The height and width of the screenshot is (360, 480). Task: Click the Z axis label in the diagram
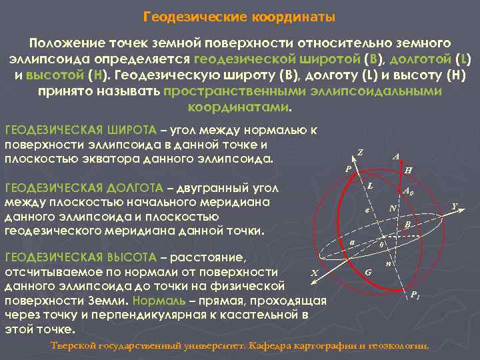[360, 151]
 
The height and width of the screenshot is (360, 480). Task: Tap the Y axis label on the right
[454, 207]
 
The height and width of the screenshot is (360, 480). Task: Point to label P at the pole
[347, 169]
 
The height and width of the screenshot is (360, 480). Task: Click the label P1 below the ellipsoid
[414, 295]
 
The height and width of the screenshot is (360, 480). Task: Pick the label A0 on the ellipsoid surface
[409, 191]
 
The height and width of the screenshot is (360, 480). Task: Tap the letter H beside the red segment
[408, 170]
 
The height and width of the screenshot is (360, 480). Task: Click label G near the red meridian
[369, 272]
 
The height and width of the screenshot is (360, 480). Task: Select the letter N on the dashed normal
[393, 209]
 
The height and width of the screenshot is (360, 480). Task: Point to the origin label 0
[381, 245]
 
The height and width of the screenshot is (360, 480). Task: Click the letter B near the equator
[407, 225]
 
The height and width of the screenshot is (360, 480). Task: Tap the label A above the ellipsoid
[396, 157]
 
